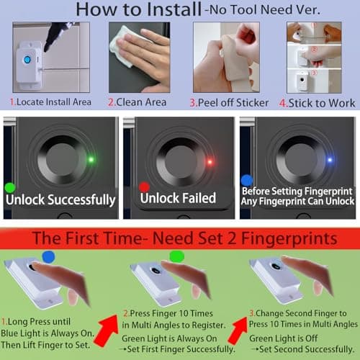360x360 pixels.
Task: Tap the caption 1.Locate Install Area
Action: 50,103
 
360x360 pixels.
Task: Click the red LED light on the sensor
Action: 209,161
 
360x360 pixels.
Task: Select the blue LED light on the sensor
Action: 328,160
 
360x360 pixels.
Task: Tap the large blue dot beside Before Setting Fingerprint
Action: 247,179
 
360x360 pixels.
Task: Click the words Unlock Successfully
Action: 66,199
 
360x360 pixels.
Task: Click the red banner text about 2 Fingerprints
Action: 180,238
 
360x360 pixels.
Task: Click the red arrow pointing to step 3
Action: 238,325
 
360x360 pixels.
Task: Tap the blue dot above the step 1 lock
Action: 48,255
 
